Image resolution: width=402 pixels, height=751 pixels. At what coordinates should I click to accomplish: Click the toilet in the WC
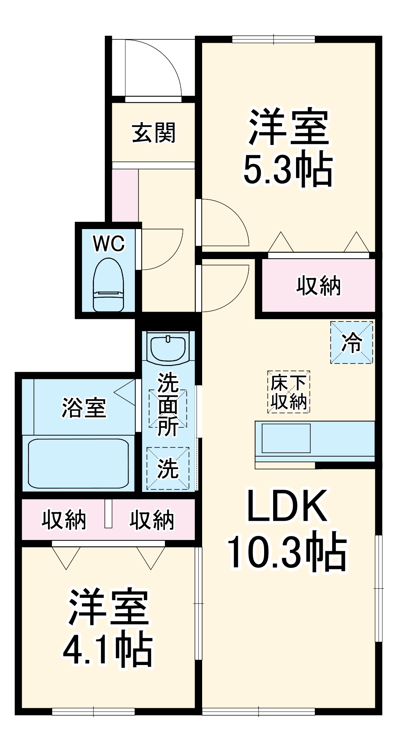[x=108, y=285]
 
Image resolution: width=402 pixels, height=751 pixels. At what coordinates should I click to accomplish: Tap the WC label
[x=109, y=244]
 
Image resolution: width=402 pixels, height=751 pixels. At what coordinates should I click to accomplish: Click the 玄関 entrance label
[x=154, y=133]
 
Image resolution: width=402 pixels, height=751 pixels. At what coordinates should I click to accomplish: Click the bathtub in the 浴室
[x=79, y=463]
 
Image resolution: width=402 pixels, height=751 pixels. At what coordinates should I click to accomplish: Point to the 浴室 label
[x=84, y=408]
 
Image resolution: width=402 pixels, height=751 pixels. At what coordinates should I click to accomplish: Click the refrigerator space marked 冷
[x=352, y=342]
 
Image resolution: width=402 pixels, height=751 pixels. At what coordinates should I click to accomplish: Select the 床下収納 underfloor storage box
[x=289, y=392]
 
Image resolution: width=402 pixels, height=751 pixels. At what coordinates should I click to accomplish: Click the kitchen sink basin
[x=286, y=438]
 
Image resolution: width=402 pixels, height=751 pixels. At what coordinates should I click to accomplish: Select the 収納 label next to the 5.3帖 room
[x=318, y=286]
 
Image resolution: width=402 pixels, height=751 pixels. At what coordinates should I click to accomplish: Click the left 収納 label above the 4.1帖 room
[x=63, y=520]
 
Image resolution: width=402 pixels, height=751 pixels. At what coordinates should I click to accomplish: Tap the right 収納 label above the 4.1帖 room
[x=152, y=520]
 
